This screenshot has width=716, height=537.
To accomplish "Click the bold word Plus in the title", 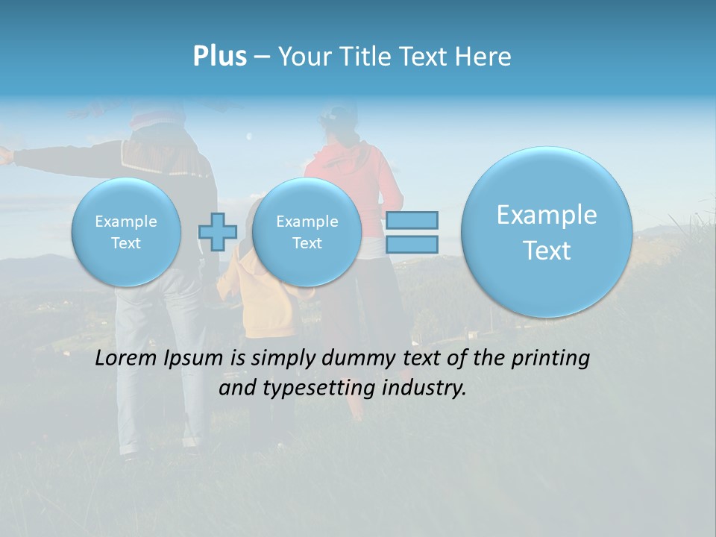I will coord(219,57).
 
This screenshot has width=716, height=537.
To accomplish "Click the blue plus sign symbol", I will coord(218,232).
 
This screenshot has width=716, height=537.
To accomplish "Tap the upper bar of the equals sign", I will coord(412,220).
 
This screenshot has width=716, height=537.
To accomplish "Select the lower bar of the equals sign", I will coord(412,245).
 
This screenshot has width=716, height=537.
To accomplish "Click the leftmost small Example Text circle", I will coord(126,232).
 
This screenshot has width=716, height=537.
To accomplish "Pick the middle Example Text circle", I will coord(307,232).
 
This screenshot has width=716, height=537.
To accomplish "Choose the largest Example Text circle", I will coord(547,232).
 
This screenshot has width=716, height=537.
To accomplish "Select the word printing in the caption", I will coord(550,359).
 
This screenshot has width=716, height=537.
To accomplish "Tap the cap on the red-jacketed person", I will coord(338,113).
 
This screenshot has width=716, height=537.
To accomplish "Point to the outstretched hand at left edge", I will coord(6,154).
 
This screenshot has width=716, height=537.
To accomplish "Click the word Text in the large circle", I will coord(547,251).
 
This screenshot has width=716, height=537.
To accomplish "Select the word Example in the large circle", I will coord(547,215).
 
